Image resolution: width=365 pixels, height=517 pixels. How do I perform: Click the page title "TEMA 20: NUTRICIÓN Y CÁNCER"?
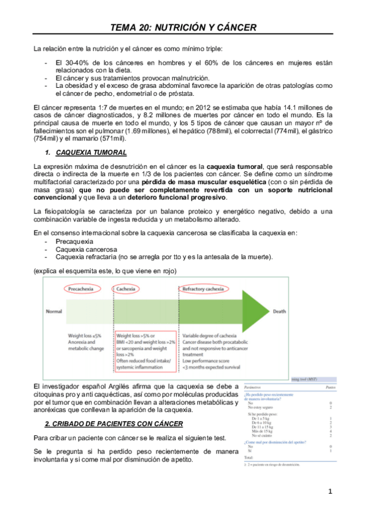(183, 27)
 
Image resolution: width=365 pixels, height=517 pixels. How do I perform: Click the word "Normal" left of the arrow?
(54, 311)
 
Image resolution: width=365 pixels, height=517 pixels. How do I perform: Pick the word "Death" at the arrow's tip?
(280, 311)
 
